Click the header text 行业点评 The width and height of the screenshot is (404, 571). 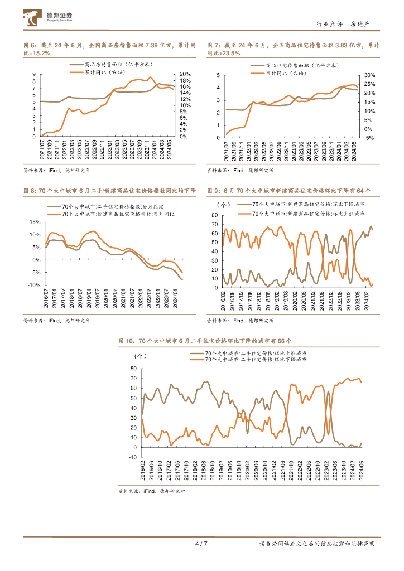pos(328,24)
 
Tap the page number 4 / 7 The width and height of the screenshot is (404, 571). pos(201,544)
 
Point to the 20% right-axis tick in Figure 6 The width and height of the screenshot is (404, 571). pos(185,74)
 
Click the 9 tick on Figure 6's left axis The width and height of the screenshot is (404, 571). pos(34,74)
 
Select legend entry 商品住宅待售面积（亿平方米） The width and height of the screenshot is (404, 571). pos(301,65)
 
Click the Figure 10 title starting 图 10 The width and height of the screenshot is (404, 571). pos(205,341)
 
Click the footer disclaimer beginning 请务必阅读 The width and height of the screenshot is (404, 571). pos(317,544)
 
